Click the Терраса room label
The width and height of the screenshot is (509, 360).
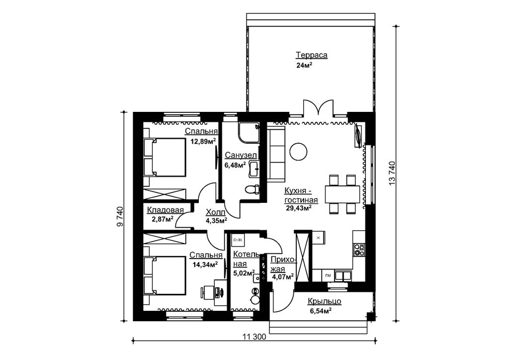point(312,55)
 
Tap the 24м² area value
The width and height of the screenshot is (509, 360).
point(304,65)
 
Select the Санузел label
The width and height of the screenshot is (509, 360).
point(241,156)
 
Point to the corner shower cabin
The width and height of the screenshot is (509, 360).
point(249,132)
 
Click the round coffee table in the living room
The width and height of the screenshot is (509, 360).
point(298,151)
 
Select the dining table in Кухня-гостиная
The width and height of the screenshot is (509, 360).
point(342,194)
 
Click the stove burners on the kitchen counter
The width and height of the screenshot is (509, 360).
point(359,250)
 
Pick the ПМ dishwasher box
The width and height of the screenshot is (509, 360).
point(328,276)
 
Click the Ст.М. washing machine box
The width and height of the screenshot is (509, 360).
point(238,240)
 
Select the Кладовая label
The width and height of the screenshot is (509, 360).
point(165,210)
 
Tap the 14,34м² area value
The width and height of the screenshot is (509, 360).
point(205,264)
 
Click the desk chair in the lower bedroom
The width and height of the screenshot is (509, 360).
point(207,291)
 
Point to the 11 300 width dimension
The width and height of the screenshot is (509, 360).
point(254,337)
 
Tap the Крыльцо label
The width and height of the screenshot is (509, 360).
point(324,301)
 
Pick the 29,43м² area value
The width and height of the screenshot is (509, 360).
point(299,208)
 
